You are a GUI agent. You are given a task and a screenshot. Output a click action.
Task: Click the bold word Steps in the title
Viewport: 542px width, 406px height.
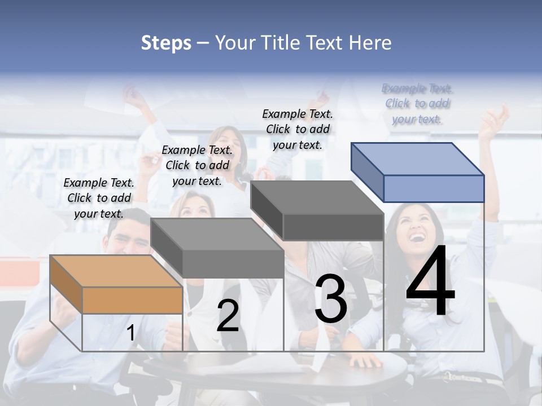(166, 43)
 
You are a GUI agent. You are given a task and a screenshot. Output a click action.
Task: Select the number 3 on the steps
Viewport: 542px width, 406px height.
(330, 299)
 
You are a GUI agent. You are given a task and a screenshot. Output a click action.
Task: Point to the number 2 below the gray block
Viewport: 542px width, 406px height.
(228, 316)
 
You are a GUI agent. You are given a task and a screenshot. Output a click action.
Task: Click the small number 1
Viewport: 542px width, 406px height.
(131, 333)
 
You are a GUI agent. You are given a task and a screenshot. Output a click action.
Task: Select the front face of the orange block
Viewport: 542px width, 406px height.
(132, 300)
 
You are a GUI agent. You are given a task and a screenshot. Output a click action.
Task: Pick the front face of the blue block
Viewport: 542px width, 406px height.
(434, 188)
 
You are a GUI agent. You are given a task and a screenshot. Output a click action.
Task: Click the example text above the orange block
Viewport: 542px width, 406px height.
(99, 198)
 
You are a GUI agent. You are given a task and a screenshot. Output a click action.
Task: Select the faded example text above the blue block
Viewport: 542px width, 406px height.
(417, 103)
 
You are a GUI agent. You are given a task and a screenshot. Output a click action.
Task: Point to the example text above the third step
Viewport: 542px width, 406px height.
(298, 129)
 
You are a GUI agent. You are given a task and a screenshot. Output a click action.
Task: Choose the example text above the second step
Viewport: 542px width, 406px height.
(197, 165)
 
